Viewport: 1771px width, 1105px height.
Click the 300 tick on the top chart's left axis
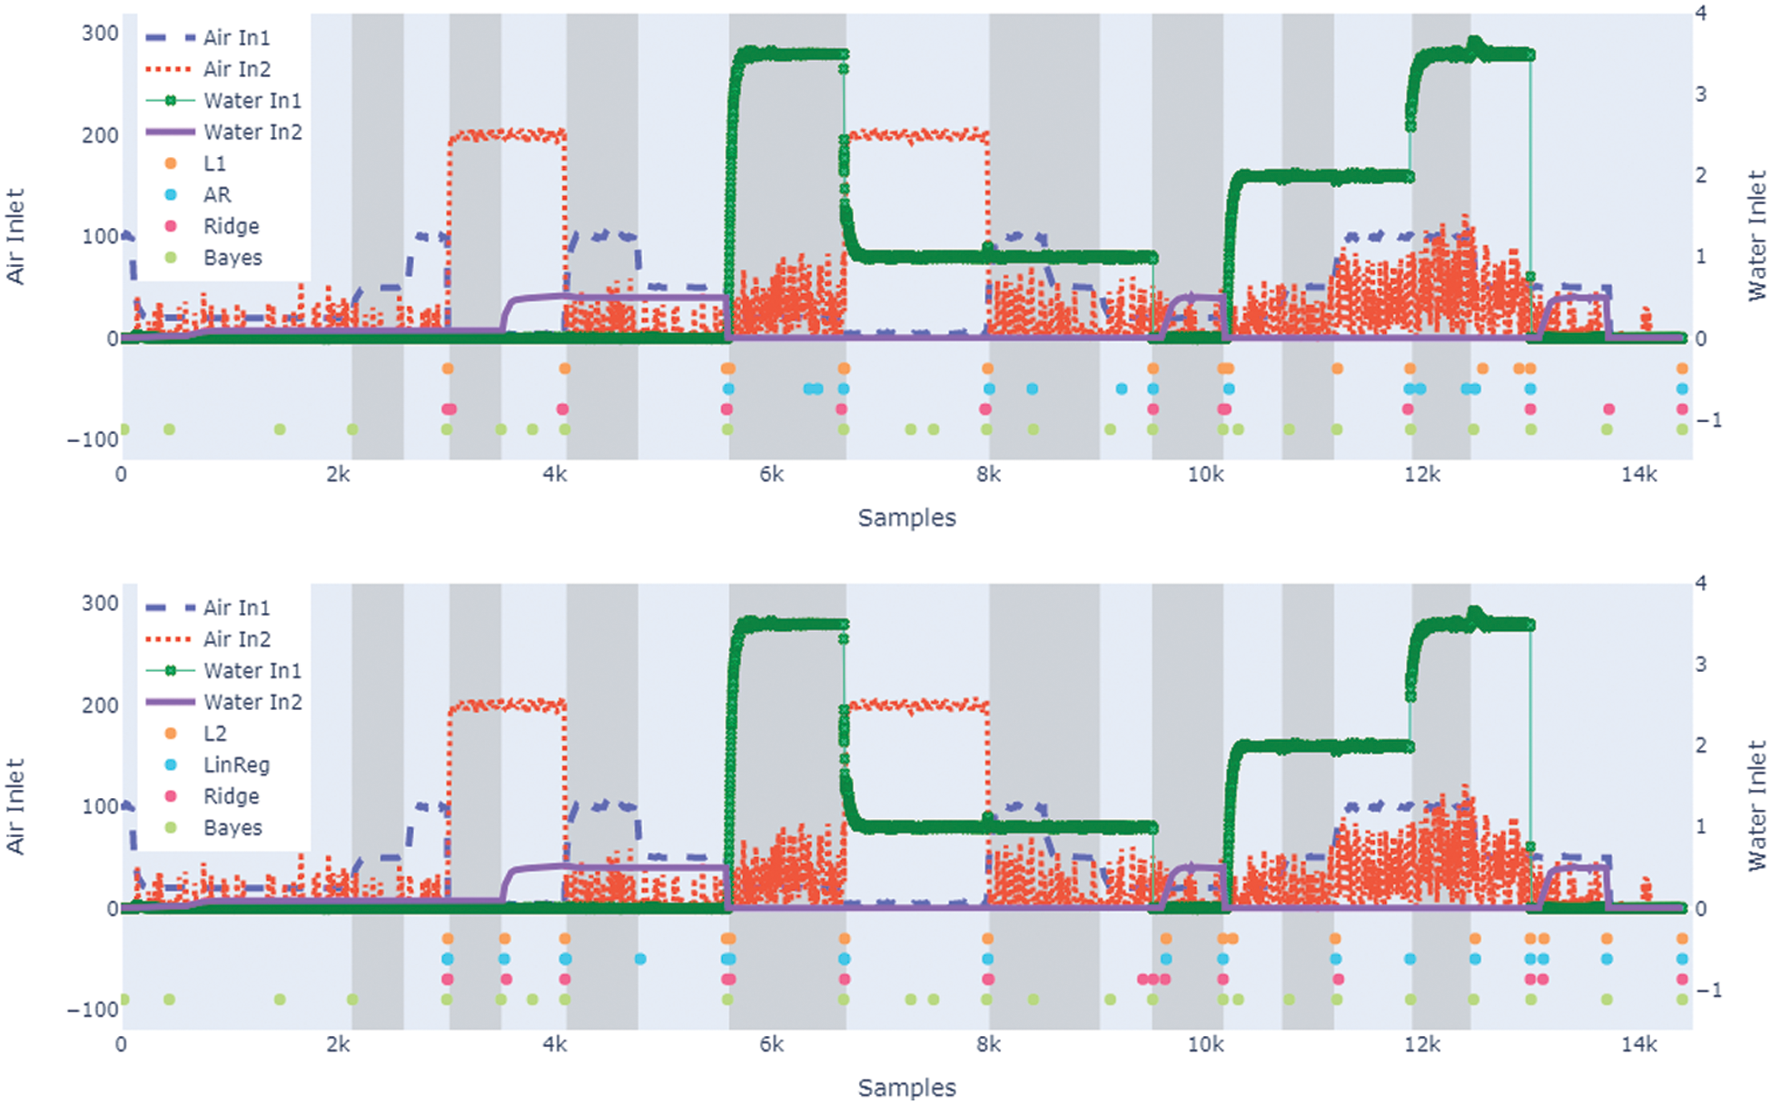point(100,34)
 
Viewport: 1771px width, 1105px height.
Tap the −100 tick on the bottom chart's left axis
point(93,1010)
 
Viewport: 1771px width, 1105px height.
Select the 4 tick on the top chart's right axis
point(1701,14)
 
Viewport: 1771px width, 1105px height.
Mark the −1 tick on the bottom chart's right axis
point(1708,991)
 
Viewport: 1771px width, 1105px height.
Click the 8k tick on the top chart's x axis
point(988,475)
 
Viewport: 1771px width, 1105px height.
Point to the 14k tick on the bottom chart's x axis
point(1638,1045)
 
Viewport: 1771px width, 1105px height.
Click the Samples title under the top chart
point(906,518)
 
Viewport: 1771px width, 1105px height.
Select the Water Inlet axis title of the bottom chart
point(1757,806)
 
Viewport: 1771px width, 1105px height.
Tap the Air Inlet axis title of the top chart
point(15,236)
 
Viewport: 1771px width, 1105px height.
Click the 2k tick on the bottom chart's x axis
point(338,1045)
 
